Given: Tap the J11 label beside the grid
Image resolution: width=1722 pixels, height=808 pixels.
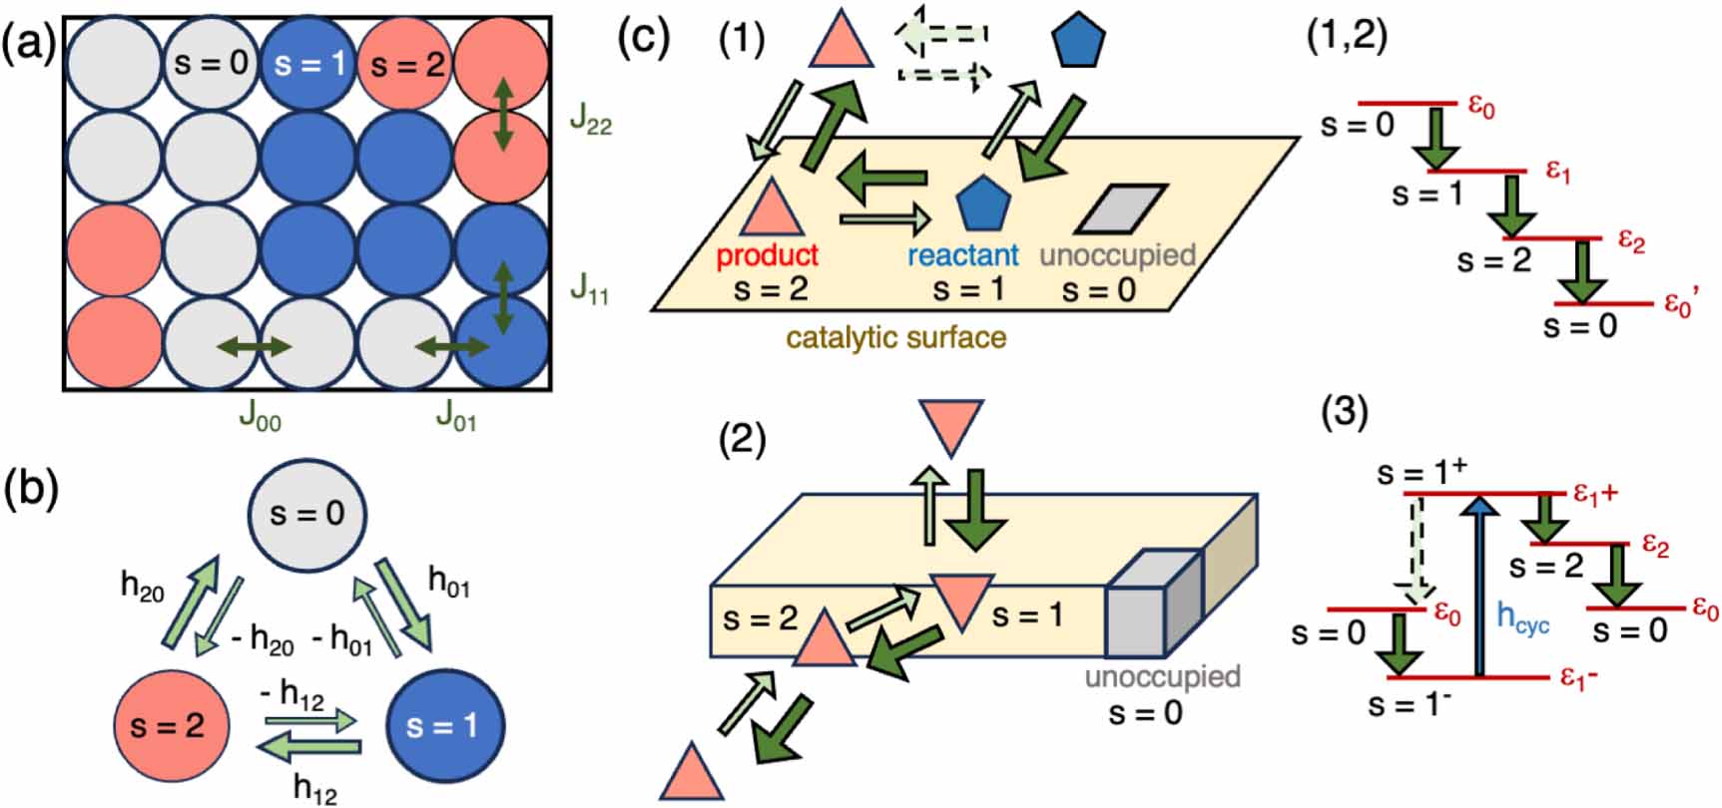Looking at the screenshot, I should click(x=589, y=290).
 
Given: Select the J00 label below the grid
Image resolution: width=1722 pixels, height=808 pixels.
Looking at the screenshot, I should click(x=260, y=416).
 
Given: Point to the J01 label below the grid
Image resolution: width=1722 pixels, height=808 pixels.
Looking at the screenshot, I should click(x=456, y=416).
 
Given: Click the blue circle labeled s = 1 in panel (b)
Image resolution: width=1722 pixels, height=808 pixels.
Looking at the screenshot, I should click(x=443, y=726).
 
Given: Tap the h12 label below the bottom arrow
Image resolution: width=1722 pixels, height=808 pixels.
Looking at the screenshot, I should click(x=314, y=789).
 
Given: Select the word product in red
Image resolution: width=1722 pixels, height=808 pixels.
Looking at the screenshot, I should click(x=767, y=255).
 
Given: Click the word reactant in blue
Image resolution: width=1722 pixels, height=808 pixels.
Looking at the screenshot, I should click(x=963, y=255).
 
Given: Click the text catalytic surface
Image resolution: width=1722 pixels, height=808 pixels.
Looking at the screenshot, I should click(x=895, y=337).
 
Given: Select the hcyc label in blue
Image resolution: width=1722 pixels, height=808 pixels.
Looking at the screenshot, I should click(x=1522, y=618).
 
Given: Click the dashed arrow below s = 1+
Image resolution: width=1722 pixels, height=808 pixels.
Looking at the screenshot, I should click(x=1419, y=552).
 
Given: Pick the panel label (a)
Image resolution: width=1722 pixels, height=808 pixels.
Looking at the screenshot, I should click(x=30, y=47).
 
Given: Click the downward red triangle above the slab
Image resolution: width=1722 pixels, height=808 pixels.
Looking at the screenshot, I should click(x=950, y=427).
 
